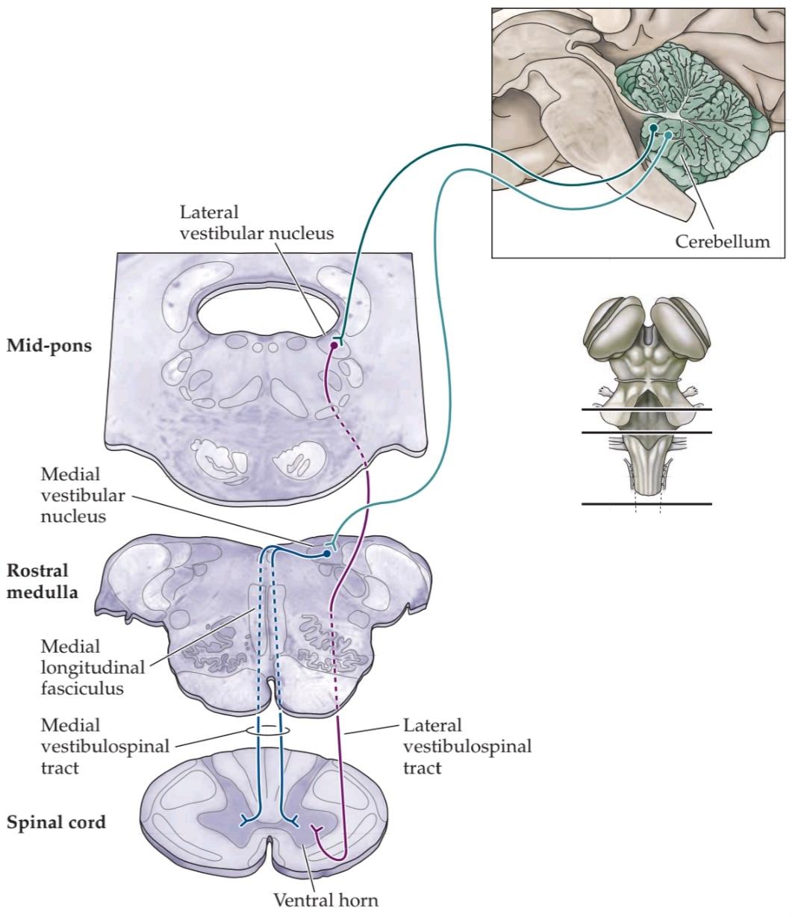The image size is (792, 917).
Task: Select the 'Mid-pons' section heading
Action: tap(49, 346)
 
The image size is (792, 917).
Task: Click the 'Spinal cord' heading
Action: tap(56, 823)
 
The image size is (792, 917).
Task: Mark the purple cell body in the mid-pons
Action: tap(334, 345)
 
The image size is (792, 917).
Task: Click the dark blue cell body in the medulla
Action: tap(327, 554)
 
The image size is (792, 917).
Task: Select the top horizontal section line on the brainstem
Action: tap(646, 409)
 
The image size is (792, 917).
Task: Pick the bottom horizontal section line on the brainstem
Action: tap(646, 504)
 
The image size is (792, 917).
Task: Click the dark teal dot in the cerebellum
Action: tap(653, 128)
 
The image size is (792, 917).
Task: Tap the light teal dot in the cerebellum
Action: tap(669, 135)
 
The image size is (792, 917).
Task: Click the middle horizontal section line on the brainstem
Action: tap(646, 432)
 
